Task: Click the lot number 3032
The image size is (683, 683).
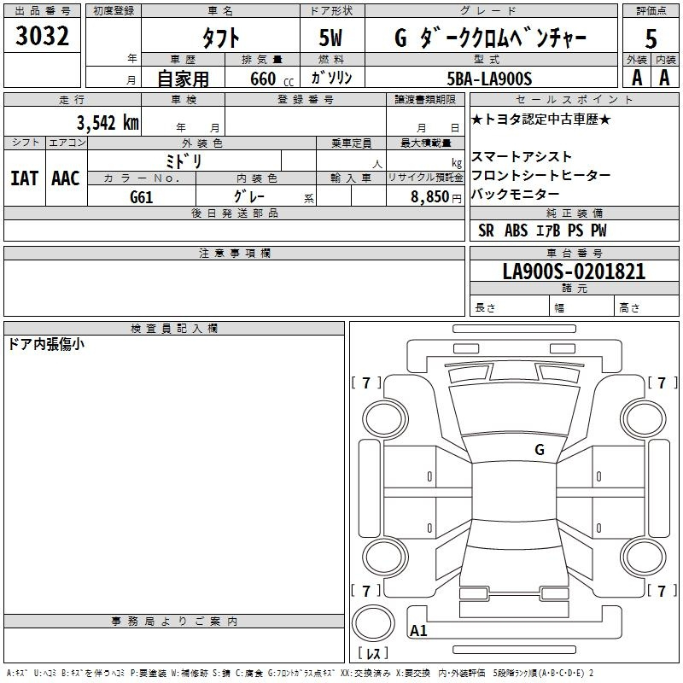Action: coord(42,36)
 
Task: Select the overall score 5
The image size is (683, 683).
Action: coord(651,38)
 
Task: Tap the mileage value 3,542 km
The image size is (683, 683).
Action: coord(108,123)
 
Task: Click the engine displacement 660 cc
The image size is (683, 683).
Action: coord(271,79)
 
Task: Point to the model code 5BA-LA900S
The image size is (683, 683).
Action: coord(489,79)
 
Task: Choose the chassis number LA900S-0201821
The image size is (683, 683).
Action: coord(574,271)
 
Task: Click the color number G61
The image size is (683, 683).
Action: coord(142,197)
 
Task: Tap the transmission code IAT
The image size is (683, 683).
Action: coord(25,178)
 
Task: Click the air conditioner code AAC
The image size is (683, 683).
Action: coord(66,178)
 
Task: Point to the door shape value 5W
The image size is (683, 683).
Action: coord(330,38)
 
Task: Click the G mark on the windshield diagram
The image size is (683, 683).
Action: coord(540,450)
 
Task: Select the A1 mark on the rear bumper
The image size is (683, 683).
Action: coord(418,630)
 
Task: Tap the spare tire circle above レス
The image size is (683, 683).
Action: coord(373,623)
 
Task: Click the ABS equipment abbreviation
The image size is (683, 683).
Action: coord(517,231)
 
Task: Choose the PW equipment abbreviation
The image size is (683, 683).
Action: coord(598,231)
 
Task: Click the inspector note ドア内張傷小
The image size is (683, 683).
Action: coord(46,344)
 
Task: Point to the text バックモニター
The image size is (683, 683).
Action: coord(516,194)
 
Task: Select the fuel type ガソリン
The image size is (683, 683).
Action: coord(331,78)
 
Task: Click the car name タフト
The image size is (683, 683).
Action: coord(221,38)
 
